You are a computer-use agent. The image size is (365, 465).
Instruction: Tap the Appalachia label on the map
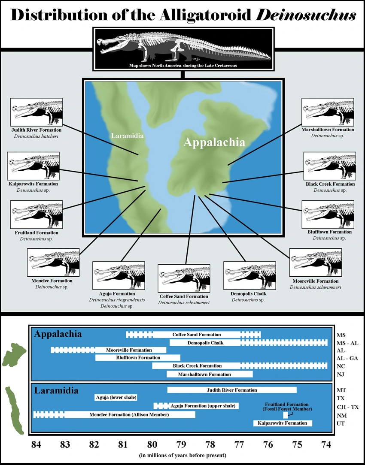(x=214, y=143)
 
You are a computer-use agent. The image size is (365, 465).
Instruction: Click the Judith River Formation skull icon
(x=36, y=112)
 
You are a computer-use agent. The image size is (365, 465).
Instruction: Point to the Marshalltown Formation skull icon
(x=328, y=112)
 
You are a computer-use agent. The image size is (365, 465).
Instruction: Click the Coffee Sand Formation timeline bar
(x=196, y=335)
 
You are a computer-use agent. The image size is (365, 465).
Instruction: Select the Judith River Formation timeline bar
(x=231, y=390)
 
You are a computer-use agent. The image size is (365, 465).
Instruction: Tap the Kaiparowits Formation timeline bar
(x=282, y=423)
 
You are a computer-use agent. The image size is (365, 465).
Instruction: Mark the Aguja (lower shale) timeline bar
(x=116, y=398)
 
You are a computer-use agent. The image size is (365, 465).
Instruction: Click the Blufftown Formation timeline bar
(x=137, y=357)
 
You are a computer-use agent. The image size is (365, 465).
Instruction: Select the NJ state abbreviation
(x=341, y=374)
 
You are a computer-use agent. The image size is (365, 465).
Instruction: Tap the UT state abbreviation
(x=341, y=423)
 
